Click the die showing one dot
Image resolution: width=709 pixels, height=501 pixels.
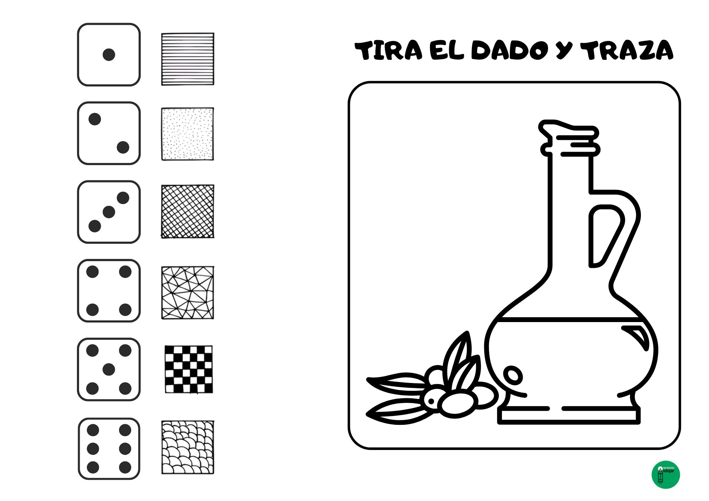pyautogui.click(x=109, y=55)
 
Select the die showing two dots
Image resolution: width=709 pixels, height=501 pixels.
pyautogui.click(x=109, y=133)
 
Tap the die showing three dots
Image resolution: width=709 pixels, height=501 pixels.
pyautogui.click(x=109, y=212)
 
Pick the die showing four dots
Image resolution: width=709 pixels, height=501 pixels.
pyautogui.click(x=109, y=291)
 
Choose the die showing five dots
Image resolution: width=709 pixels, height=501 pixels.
pyautogui.click(x=109, y=370)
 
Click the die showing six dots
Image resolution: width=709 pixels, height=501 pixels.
pyautogui.click(x=109, y=449)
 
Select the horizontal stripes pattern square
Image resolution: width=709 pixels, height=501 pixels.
pyautogui.click(x=188, y=59)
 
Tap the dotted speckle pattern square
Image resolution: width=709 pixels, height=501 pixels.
pyautogui.click(x=188, y=134)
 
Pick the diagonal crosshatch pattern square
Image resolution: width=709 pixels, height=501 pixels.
pyautogui.click(x=188, y=211)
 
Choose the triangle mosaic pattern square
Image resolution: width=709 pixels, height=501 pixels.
pyautogui.click(x=188, y=293)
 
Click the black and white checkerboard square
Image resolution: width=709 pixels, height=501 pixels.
pyautogui.click(x=189, y=369)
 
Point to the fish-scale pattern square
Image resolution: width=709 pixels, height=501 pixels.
pyautogui.click(x=188, y=447)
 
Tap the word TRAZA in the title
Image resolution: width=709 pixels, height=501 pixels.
pyautogui.click(x=627, y=50)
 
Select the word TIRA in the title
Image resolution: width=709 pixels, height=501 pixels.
pyautogui.click(x=389, y=50)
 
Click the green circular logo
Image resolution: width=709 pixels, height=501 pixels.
pyautogui.click(x=666, y=475)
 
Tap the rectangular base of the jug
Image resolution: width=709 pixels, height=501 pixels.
pyautogui.click(x=569, y=417)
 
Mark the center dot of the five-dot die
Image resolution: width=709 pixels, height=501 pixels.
pyautogui.click(x=109, y=370)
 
